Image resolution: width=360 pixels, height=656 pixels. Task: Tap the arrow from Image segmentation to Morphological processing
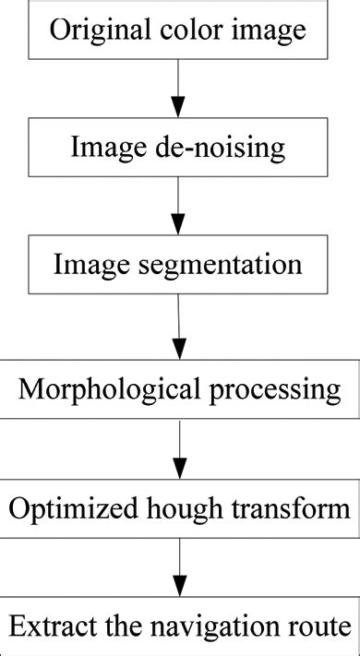tap(179, 327)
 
